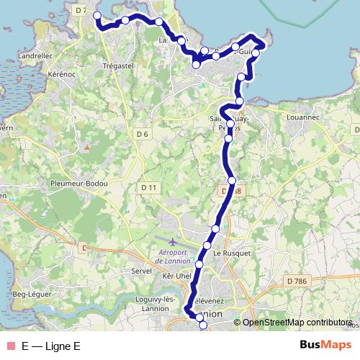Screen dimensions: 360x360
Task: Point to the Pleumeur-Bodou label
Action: pos(78,184)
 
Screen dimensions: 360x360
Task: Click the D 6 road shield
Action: pos(142,135)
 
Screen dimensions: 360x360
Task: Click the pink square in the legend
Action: pos(10,346)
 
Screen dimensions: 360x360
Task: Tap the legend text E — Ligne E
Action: pos(50,346)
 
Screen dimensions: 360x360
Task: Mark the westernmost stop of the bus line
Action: pos(97,14)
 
